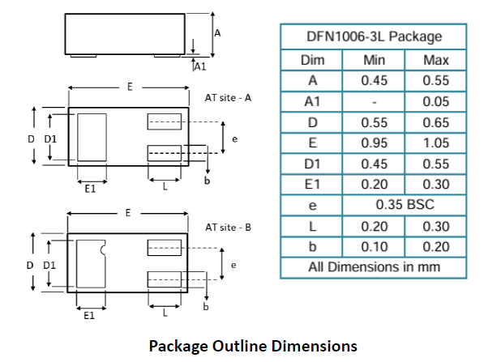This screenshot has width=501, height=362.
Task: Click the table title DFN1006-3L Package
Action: coord(375,36)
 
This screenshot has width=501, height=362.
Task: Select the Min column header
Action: coord(375,60)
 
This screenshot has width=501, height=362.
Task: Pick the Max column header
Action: coord(436,60)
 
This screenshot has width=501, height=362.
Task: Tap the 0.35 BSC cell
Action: coord(405,205)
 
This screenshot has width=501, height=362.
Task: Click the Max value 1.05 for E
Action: coord(436,143)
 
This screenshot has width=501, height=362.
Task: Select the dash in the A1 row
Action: coord(375,103)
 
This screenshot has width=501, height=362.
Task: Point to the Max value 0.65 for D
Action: coord(436,122)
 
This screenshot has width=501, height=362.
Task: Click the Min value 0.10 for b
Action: coord(375,247)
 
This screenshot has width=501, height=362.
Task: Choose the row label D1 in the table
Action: coord(312,164)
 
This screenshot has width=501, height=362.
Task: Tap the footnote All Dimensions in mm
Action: coord(375,267)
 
